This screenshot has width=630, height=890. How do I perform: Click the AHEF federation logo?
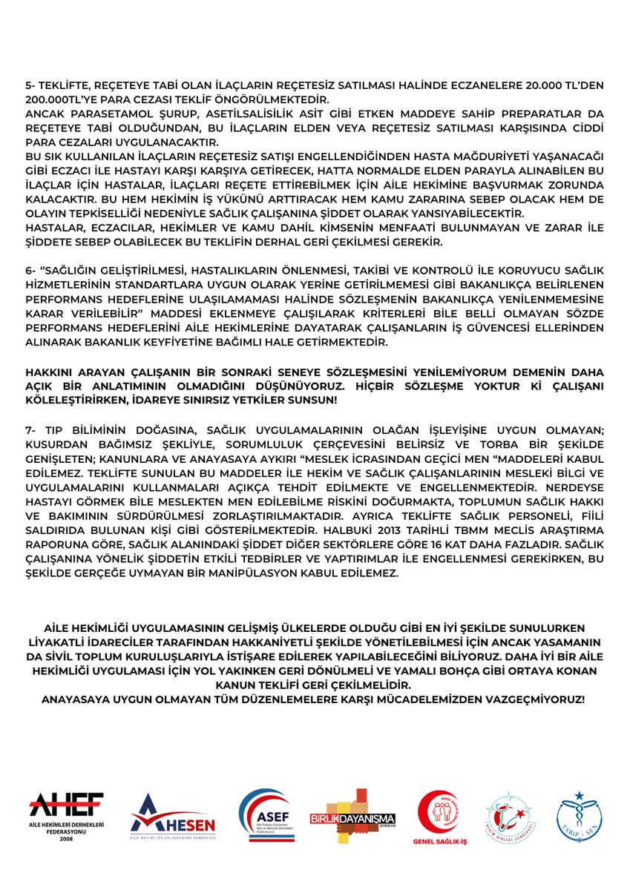coord(67,805)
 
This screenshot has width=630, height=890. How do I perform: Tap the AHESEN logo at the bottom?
coord(172,816)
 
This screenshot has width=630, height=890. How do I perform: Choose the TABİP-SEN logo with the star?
coord(580,814)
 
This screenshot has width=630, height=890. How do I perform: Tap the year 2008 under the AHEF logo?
coord(67,840)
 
